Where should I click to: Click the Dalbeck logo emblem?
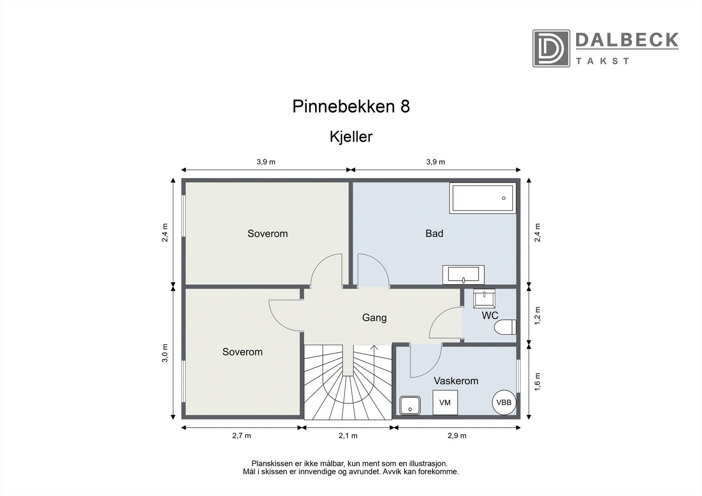(551, 48)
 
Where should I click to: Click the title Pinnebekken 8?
(351, 107)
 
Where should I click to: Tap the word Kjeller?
(351, 137)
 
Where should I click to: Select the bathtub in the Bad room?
(482, 198)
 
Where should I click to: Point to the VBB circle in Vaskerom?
(504, 402)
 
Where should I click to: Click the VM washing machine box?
(445, 402)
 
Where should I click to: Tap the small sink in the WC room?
(484, 298)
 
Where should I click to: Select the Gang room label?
(374, 318)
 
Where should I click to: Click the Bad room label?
(434, 233)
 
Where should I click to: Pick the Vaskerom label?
(456, 381)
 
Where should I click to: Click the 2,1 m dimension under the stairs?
(348, 435)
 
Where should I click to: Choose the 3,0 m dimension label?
(165, 353)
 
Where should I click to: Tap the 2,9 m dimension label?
(457, 435)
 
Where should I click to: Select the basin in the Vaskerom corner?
(410, 405)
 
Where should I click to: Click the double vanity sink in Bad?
(463, 275)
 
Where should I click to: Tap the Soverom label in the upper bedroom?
(268, 233)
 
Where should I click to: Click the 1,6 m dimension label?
(538, 382)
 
